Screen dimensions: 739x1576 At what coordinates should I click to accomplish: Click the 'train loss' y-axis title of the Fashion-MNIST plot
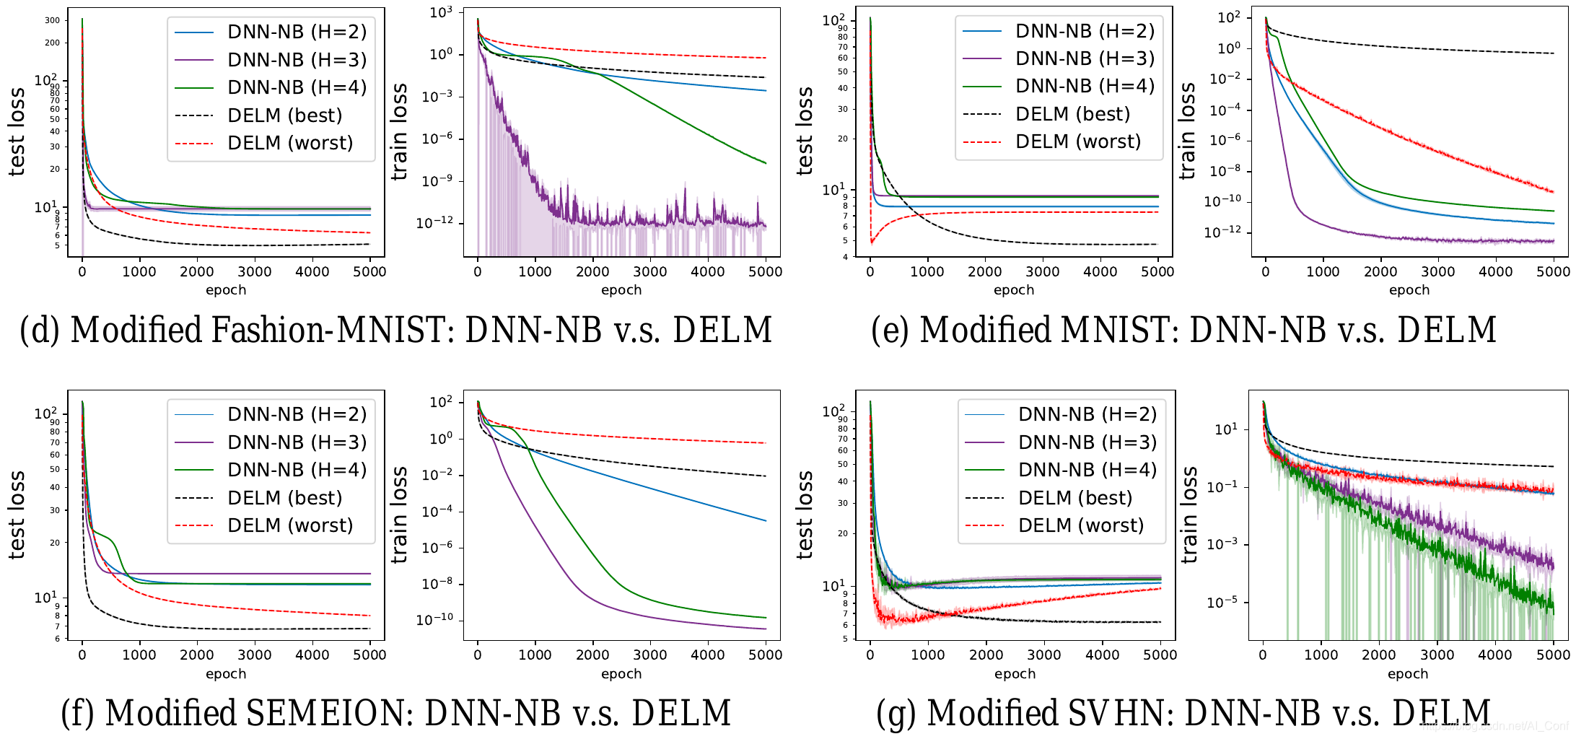pyautogui.click(x=399, y=131)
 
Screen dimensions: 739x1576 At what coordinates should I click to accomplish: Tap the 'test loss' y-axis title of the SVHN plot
pyautogui.click(x=804, y=515)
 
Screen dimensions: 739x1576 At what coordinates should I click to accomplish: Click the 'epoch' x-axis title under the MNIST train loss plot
pyautogui.click(x=1409, y=290)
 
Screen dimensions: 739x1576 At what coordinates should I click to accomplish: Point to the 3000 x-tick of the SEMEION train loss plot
pyautogui.click(x=649, y=655)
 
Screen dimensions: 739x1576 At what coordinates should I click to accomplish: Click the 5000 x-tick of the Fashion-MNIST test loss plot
pyautogui.click(x=369, y=271)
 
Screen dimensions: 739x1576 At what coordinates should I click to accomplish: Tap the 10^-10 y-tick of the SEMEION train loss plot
pyautogui.click(x=434, y=620)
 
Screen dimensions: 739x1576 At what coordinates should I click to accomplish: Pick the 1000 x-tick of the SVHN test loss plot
pyautogui.click(x=927, y=655)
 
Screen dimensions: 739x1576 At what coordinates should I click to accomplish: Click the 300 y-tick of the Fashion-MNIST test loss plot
pyautogui.click(x=53, y=20)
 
